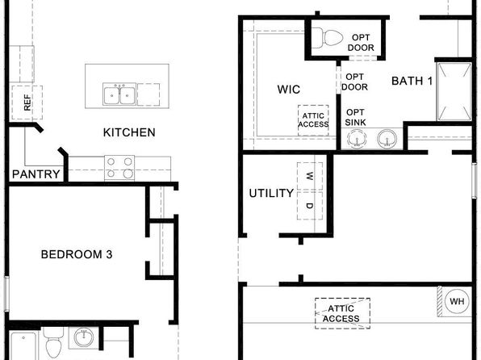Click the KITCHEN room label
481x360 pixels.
coord(129,132)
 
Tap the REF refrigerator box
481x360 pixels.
coord(27,103)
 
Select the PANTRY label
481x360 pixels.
coord(36,174)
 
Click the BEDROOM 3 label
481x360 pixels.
coord(77,254)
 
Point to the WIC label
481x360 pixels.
coord(289,90)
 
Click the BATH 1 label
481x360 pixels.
coord(412,81)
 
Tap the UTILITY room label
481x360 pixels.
coord(271,194)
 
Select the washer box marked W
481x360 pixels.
coord(310,176)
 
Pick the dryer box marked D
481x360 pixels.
coord(310,205)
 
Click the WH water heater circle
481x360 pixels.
coord(457,301)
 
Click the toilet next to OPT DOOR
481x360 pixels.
coord(327,38)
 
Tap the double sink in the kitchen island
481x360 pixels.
coord(119,94)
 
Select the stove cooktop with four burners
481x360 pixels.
coord(119,168)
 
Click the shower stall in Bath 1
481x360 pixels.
coord(454,91)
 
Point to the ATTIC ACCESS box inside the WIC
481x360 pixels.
coord(313,120)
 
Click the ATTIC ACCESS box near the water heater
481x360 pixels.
coord(342,313)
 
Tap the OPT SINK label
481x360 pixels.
coord(355,118)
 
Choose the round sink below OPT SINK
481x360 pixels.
coord(357,139)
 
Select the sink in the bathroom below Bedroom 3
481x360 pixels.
coord(83,337)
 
